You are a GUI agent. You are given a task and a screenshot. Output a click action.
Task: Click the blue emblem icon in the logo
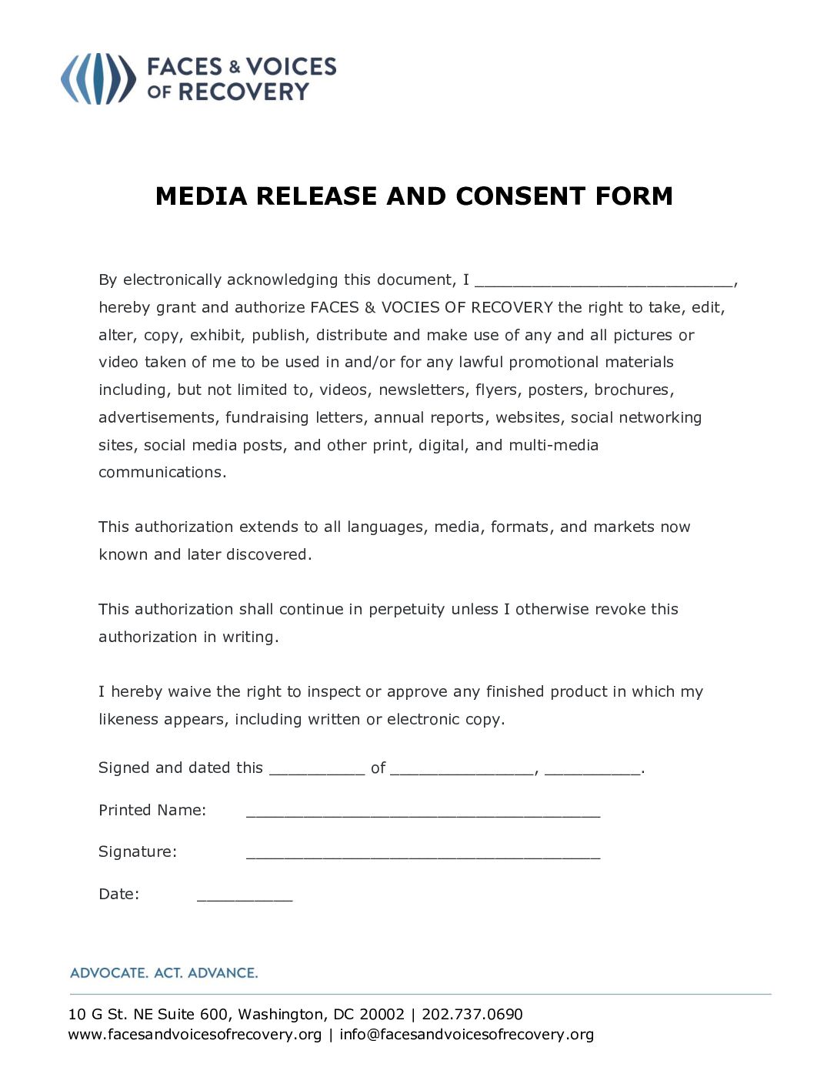click(98, 79)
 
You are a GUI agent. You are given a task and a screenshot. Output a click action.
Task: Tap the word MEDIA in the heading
click(202, 196)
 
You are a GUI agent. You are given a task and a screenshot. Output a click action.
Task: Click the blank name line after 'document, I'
click(604, 282)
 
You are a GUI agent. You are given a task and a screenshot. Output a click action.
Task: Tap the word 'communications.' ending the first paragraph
click(162, 472)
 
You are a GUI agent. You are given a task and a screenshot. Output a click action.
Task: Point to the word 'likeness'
click(128, 719)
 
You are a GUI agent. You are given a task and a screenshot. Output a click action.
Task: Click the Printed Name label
click(152, 810)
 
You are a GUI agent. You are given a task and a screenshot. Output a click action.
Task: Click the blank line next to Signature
click(422, 854)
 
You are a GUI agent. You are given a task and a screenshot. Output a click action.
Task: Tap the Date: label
click(118, 894)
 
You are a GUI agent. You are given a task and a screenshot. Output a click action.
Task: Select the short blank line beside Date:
click(245, 896)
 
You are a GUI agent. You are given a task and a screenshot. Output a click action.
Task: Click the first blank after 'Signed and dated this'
click(317, 770)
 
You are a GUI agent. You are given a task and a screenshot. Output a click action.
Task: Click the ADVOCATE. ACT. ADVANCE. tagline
click(164, 972)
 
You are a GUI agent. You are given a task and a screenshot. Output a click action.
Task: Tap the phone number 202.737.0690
click(472, 1014)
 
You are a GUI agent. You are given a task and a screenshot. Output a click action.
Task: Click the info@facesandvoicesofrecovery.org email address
click(466, 1034)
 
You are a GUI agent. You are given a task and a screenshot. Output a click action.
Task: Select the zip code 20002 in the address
click(382, 1014)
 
